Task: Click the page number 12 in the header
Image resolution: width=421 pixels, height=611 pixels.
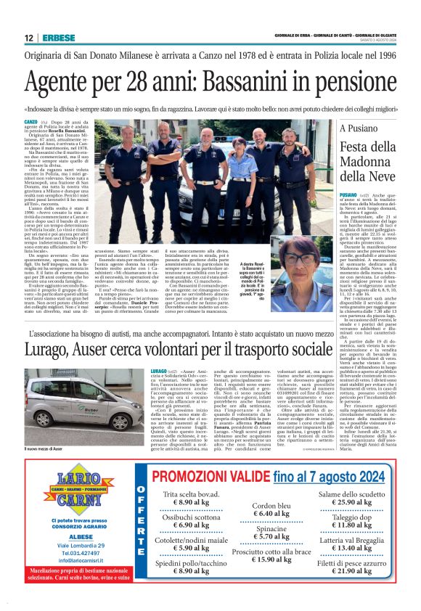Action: click(28, 38)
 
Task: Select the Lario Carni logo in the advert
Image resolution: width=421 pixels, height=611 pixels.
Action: click(76, 485)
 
